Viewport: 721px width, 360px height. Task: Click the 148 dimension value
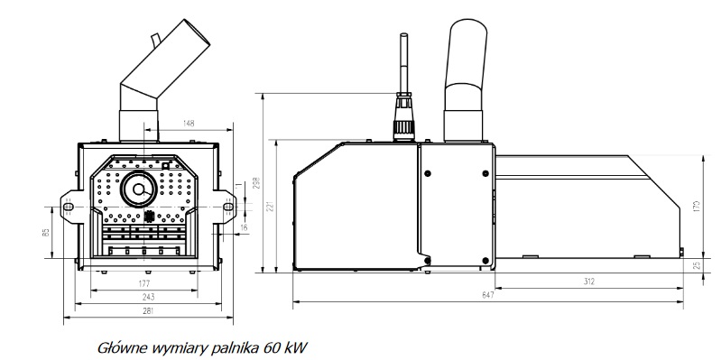[x=189, y=123]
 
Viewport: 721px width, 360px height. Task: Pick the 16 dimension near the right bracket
[x=244, y=228]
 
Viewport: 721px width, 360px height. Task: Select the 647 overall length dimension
[x=488, y=294]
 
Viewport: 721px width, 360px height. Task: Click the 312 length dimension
[x=588, y=281]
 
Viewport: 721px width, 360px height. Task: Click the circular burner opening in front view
[x=141, y=190]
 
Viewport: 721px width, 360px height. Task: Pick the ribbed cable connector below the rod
[x=401, y=117]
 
